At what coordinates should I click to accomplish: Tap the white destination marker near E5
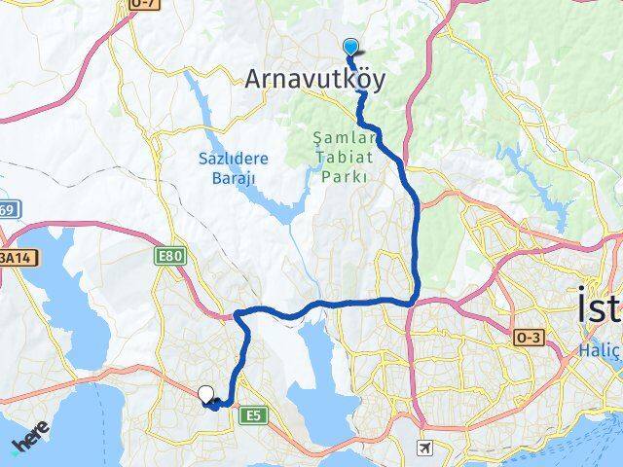point(205,394)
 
